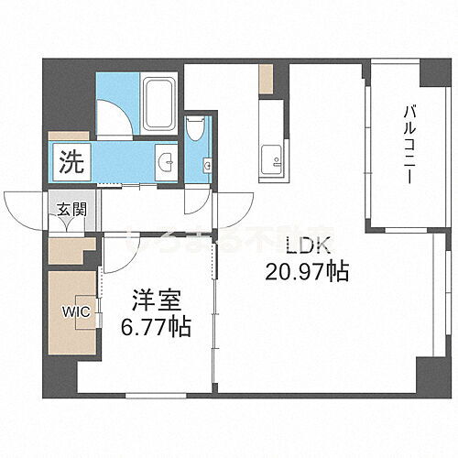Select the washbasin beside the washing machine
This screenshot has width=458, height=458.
pyautogui.click(x=166, y=164)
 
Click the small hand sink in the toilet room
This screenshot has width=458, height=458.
pyautogui.click(x=208, y=166)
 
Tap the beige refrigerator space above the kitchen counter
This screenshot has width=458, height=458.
pyautogui.click(x=265, y=80)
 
